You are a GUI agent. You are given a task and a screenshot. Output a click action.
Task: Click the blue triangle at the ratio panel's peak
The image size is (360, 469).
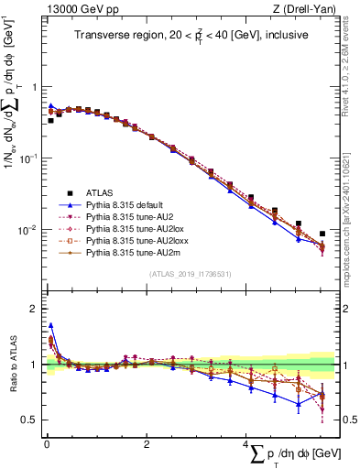click(x=50, y=325)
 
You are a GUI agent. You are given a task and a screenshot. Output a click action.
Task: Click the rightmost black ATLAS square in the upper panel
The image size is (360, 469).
click(x=322, y=234)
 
